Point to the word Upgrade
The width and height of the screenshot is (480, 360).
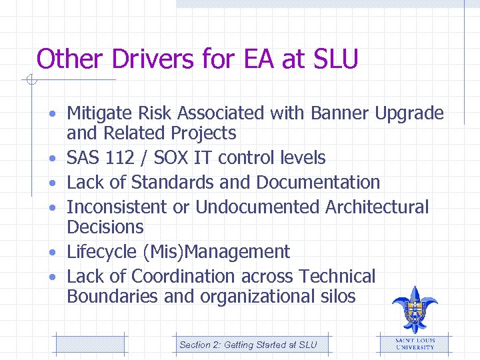(x=409, y=114)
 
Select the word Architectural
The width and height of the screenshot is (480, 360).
(x=377, y=207)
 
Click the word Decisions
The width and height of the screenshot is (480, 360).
(x=105, y=227)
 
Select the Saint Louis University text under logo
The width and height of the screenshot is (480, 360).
(x=415, y=343)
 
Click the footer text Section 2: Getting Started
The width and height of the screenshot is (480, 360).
(x=248, y=345)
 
